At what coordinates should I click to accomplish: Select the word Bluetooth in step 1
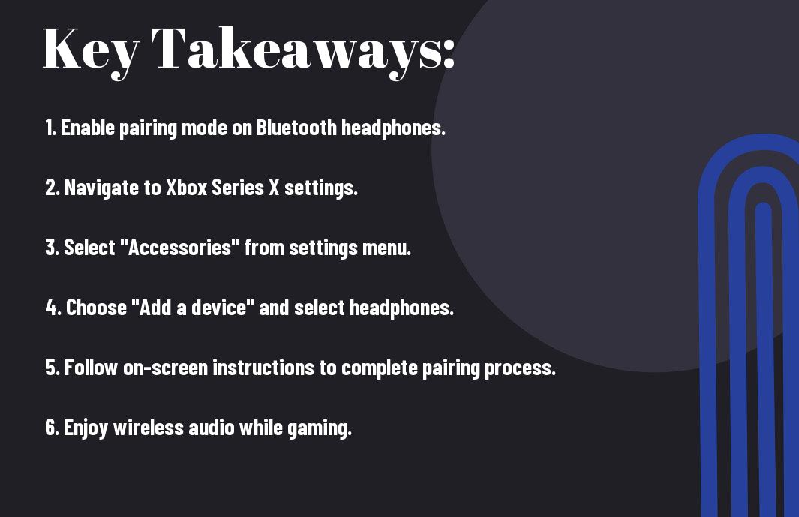pyautogui.click(x=296, y=128)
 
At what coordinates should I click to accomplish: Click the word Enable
pyautogui.click(x=88, y=128)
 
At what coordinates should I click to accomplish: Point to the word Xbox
pyautogui.click(x=187, y=188)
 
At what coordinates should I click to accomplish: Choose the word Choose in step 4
pyautogui.click(x=96, y=308)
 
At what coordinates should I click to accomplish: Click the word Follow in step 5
pyautogui.click(x=91, y=368)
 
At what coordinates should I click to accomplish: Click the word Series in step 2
pyautogui.click(x=238, y=188)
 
